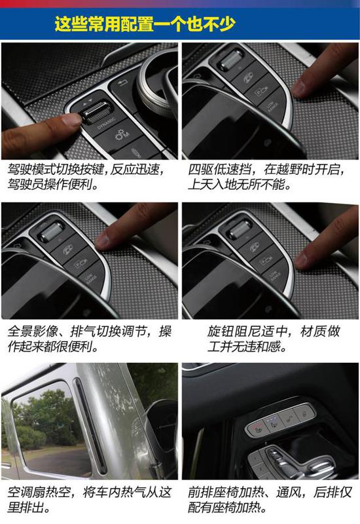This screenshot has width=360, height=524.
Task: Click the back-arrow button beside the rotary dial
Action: coord(123,83)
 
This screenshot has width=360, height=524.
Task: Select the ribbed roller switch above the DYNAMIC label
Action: coord(96,112)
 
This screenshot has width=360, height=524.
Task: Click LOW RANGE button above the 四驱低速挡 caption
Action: coord(271,107)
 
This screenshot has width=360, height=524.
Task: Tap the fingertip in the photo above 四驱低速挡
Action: coord(300,88)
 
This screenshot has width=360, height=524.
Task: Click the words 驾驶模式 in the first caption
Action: coord(31,170)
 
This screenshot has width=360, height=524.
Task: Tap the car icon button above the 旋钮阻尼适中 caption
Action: coord(256,248)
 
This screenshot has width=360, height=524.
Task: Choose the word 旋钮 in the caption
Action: coord(220,331)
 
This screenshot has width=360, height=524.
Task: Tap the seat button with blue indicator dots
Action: coord(274,423)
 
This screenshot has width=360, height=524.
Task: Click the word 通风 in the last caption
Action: coord(289,493)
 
